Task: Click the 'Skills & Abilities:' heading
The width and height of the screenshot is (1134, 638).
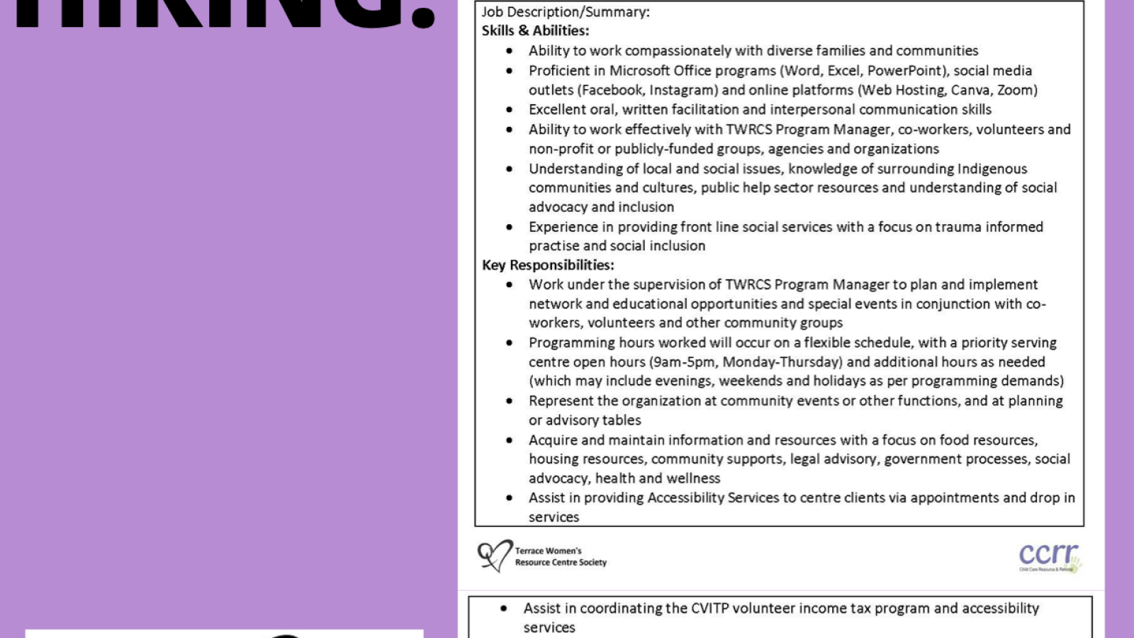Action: pos(535,30)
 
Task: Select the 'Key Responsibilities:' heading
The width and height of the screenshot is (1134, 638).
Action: pos(548,265)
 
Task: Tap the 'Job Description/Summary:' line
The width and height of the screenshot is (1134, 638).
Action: pos(566,11)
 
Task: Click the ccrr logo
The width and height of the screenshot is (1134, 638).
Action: pos(1050,556)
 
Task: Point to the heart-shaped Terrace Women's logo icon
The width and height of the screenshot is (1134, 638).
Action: pos(494,555)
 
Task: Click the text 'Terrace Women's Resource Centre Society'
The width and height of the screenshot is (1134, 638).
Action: pos(560,556)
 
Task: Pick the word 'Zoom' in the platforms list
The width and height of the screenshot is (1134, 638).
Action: pos(1015,90)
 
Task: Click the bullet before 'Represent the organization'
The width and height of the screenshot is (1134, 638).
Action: pos(509,401)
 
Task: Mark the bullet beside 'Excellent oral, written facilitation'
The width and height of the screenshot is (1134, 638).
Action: pos(509,110)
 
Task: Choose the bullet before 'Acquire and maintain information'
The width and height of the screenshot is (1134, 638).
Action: pos(509,440)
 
